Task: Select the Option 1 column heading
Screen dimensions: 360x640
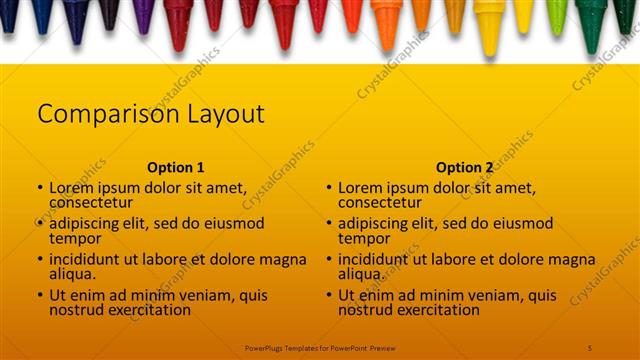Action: (x=175, y=168)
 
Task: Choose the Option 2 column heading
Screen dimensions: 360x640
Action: (x=464, y=168)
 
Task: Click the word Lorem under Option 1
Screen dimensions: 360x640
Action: (x=71, y=187)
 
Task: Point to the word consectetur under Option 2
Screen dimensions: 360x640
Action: (x=379, y=202)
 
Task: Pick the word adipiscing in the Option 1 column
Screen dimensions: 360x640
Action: (x=89, y=223)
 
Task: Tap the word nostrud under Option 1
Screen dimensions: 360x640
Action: (x=76, y=310)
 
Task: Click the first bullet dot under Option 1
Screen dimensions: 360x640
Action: (x=39, y=188)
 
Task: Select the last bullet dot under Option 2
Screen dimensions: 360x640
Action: (x=327, y=296)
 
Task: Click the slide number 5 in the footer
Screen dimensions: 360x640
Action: (x=590, y=347)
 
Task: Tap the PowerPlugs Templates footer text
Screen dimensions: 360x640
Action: (x=319, y=347)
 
